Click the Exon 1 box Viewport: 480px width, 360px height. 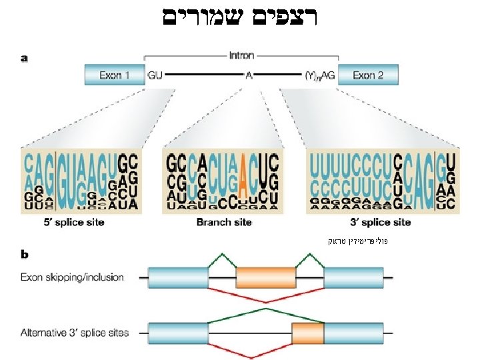pyautogui.click(x=114, y=75)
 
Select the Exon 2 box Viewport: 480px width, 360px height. pyautogui.click(x=367, y=75)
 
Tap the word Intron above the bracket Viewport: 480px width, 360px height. pyautogui.click(x=241, y=57)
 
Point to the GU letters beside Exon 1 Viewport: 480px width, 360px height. pyautogui.click(x=154, y=75)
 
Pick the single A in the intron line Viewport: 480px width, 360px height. pyautogui.click(x=249, y=75)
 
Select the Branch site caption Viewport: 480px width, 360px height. pyautogui.click(x=224, y=222)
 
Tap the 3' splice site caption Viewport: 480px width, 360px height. pyautogui.click(x=379, y=222)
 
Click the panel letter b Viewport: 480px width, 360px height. pyautogui.click(x=25, y=254)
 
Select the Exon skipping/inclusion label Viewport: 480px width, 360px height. pyautogui.click(x=72, y=277)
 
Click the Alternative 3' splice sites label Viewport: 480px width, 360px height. pyautogui.click(x=75, y=331)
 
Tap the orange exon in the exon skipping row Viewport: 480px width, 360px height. pyautogui.click(x=266, y=277)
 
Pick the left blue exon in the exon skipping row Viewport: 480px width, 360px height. pyautogui.click(x=178, y=277)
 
